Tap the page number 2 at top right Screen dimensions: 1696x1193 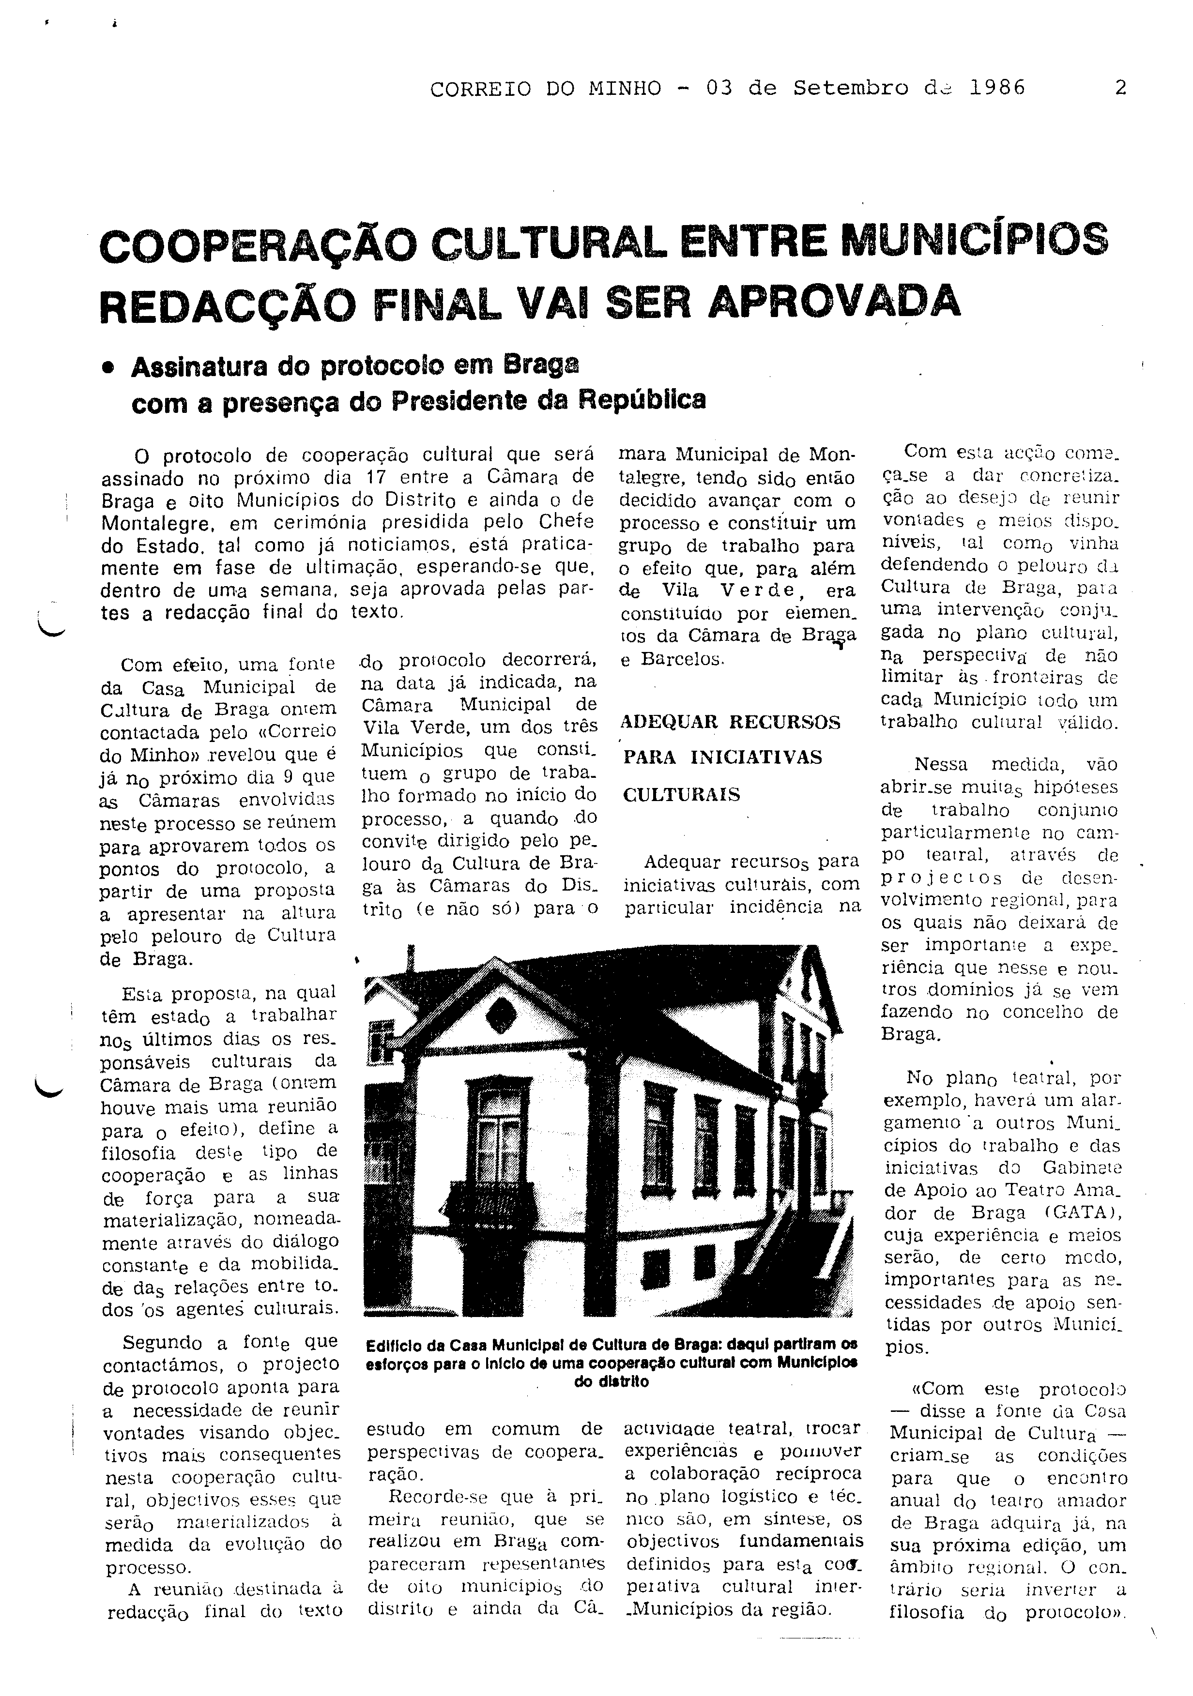[x=1120, y=89]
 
